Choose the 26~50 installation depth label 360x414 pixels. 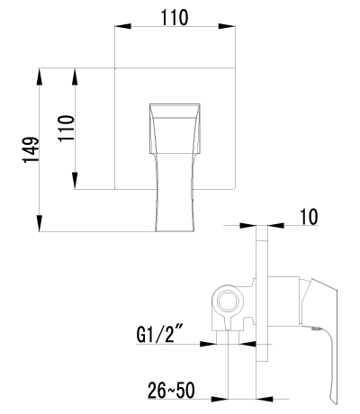[x=170, y=391]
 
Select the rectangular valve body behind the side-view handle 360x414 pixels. [x=283, y=301]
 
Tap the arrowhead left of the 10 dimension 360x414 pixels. [x=254, y=226]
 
